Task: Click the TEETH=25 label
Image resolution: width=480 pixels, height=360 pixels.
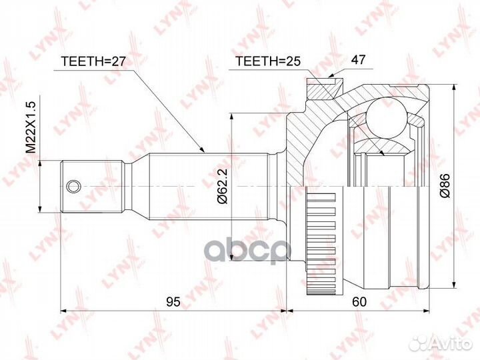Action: (x=265, y=62)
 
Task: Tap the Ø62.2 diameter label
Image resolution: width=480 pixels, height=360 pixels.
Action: (x=223, y=182)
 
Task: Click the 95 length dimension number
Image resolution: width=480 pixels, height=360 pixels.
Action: (x=173, y=302)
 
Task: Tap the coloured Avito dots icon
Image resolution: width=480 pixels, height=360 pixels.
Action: (x=421, y=343)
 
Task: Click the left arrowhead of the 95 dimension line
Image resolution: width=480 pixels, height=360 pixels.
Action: (x=64, y=310)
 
